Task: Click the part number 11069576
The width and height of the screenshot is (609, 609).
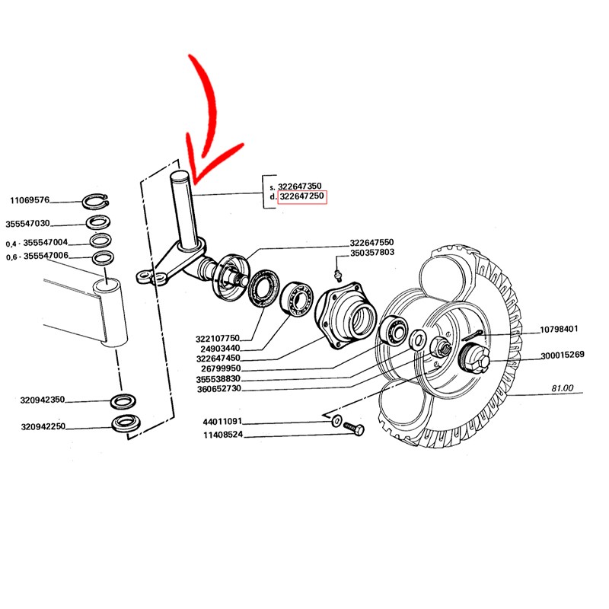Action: click(30, 201)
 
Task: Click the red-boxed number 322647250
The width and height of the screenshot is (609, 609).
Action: click(302, 197)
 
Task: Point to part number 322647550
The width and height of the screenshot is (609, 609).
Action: click(372, 241)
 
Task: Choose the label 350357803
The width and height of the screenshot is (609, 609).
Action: click(372, 252)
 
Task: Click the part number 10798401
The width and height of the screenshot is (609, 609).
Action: click(560, 330)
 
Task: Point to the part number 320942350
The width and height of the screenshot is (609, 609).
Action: click(43, 400)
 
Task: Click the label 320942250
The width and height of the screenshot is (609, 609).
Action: click(43, 426)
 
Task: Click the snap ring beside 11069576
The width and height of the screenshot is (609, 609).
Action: click(96, 202)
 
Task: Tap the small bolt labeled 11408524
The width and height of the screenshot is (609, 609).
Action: click(355, 429)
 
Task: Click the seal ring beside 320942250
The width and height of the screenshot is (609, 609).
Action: click(124, 424)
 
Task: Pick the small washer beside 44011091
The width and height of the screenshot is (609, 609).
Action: click(335, 420)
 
